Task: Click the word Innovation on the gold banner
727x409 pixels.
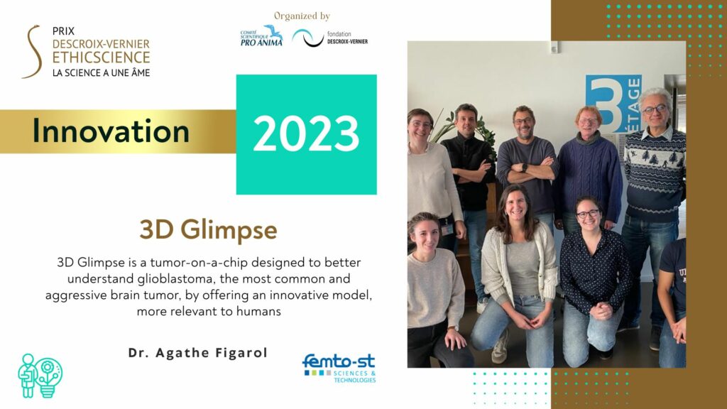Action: (x=111, y=131)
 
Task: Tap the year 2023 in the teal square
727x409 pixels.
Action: (x=306, y=133)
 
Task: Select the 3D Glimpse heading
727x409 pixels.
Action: (x=208, y=229)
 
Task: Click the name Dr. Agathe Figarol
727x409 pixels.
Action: (x=198, y=353)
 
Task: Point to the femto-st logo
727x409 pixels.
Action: (x=339, y=369)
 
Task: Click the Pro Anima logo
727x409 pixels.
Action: (x=261, y=36)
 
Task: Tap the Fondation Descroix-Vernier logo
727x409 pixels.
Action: (x=329, y=38)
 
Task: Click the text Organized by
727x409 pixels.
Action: (x=302, y=16)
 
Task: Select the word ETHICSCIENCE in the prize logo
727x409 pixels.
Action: (x=101, y=58)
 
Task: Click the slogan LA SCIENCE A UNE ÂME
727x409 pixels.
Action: (x=101, y=73)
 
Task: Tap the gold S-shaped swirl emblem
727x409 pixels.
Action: (x=32, y=51)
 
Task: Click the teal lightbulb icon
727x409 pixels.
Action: (x=48, y=376)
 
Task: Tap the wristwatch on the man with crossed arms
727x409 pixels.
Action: (x=524, y=168)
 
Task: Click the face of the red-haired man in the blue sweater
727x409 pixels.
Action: (x=588, y=123)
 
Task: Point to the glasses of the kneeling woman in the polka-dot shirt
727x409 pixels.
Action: (x=587, y=214)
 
